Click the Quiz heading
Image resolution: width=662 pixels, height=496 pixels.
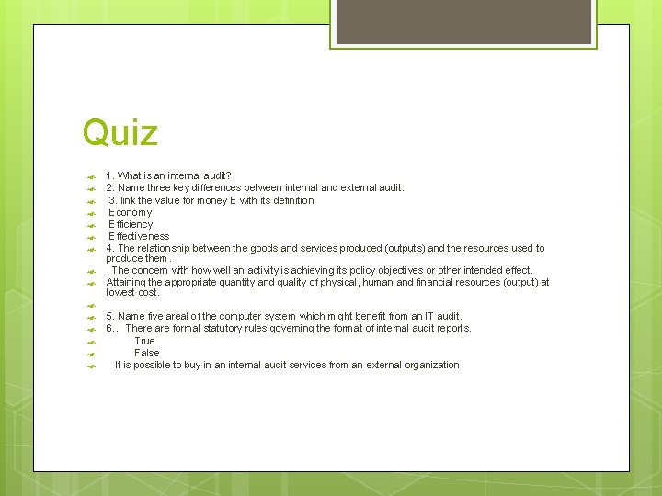120,132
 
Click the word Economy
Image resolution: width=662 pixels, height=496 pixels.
131,212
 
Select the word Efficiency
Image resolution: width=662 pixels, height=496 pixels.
131,224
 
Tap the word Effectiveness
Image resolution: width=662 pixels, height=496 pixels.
139,236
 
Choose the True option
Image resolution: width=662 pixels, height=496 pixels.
145,341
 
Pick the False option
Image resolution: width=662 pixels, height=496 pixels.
147,353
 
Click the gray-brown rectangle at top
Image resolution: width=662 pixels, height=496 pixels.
462,21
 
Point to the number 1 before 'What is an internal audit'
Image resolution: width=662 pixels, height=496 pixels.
108,175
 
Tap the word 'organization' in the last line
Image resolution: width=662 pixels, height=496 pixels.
429,365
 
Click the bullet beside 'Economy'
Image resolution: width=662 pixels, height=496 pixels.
92,213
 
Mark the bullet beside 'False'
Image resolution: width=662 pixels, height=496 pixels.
92,354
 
